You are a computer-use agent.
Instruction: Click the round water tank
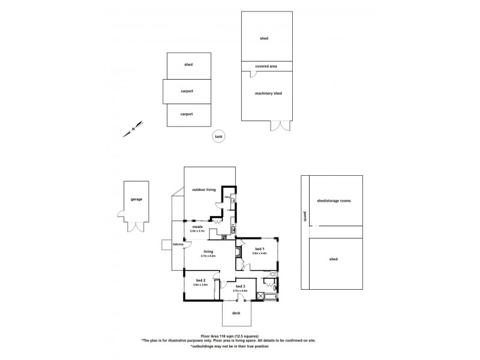pyautogui.click(x=218, y=137)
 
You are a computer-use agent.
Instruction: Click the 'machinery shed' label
pyautogui.click(x=264, y=93)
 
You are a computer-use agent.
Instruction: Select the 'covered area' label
pyautogui.click(x=264, y=66)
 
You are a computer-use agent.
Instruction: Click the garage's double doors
pyautogui.click(x=137, y=226)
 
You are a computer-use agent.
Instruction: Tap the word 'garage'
pyautogui.click(x=136, y=199)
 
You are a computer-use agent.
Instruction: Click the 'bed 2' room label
pyautogui.click(x=201, y=281)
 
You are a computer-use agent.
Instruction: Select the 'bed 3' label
pyautogui.click(x=240, y=287)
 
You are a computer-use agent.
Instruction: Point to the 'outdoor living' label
pyautogui.click(x=203, y=190)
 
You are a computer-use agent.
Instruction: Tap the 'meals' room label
pyautogui.click(x=197, y=227)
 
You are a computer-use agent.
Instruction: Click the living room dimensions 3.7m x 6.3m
pyautogui.click(x=209, y=256)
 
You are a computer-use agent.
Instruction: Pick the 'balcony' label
pyautogui.click(x=178, y=245)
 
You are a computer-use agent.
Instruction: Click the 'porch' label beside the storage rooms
pyautogui.click(x=305, y=218)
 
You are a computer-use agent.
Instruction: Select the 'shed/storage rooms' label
pyautogui.click(x=334, y=201)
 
